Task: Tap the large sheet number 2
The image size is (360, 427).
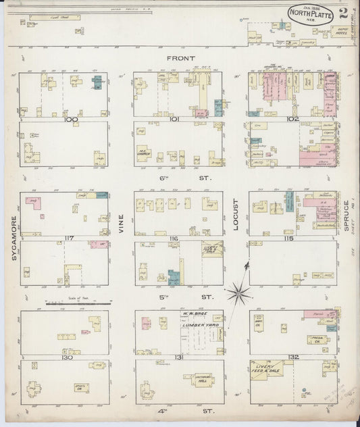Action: pos(344,14)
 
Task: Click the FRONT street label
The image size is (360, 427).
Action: pos(179,59)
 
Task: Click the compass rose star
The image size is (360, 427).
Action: pos(238,292)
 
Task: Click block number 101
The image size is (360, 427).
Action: pos(178,120)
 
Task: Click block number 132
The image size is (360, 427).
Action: pos(292,357)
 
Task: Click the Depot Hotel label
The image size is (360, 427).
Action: pos(341,31)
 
